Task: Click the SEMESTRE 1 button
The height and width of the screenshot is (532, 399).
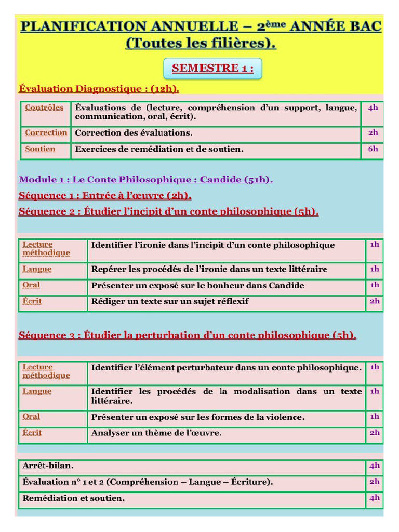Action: [212, 69]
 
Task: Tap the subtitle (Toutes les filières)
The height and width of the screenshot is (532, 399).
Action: [201, 43]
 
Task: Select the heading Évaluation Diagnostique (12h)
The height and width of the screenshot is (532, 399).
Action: [99, 89]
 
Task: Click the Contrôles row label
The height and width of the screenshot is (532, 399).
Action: [44, 108]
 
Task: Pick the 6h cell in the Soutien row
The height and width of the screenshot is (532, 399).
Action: [373, 149]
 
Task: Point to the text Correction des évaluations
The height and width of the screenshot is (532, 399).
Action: [134, 133]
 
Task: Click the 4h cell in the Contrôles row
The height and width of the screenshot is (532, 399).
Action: [373, 108]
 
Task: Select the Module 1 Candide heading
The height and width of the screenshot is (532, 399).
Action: [145, 180]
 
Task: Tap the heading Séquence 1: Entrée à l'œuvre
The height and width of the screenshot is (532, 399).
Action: [105, 196]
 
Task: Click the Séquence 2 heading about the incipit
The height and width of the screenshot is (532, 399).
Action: [168, 211]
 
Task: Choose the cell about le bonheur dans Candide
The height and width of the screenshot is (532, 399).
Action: [197, 286]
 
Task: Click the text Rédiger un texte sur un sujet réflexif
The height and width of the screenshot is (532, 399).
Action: [170, 301]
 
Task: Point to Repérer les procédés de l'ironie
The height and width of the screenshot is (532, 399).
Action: [209, 269]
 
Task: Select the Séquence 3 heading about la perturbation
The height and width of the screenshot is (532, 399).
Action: [187, 335]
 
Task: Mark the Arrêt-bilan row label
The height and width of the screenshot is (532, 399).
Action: [44, 466]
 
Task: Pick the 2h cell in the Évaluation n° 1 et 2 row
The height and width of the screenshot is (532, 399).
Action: [374, 482]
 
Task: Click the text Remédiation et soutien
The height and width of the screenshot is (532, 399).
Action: [73, 498]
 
